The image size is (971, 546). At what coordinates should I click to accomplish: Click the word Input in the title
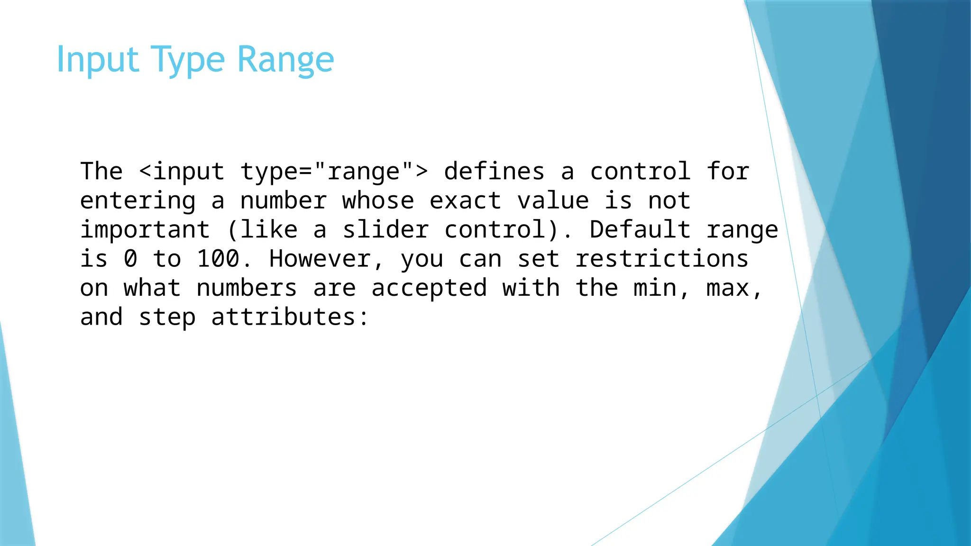pos(98,60)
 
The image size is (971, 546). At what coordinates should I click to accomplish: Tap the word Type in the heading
pos(188,60)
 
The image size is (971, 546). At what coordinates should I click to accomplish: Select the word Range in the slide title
pos(285,60)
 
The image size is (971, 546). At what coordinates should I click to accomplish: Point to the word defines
pos(494,172)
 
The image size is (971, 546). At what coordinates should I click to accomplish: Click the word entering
pos(137,201)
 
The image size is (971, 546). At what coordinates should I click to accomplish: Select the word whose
pos(378,201)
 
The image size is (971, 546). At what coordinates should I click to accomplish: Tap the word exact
pos(465,201)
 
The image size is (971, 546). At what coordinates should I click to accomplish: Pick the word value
pos(553,201)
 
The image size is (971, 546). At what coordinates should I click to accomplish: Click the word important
pos(145,230)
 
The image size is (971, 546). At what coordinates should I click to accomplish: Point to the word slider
pos(385,230)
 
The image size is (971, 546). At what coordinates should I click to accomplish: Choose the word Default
pos(640,230)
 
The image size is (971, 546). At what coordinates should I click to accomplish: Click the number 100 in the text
pos(218,259)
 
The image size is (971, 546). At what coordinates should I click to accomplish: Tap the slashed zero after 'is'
pos(130,259)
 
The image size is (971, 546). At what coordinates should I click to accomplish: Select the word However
pos(320,259)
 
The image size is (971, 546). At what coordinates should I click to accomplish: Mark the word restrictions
pos(662,259)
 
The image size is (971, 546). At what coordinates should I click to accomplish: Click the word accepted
pos(429,289)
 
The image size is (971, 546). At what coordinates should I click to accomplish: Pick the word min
pos(655,289)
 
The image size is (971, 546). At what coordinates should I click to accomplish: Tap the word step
pos(167,318)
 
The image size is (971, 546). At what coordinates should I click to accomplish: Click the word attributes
pos(283,318)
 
